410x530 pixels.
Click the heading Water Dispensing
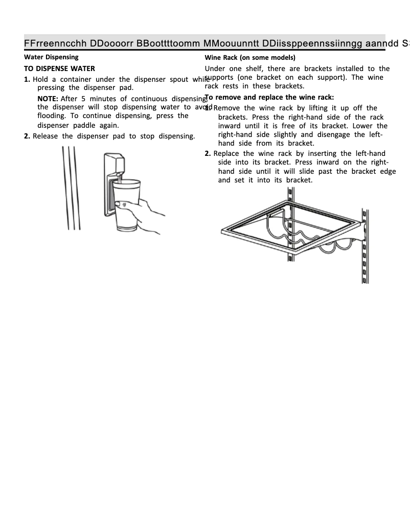pos(51,57)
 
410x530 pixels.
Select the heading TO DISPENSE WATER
pos(59,68)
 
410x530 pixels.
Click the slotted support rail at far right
pos(365,245)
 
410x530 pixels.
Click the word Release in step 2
pos(45,136)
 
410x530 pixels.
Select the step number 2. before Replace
pos(208,154)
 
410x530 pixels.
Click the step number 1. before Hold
pos(27,79)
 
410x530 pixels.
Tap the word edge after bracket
pos(388,171)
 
